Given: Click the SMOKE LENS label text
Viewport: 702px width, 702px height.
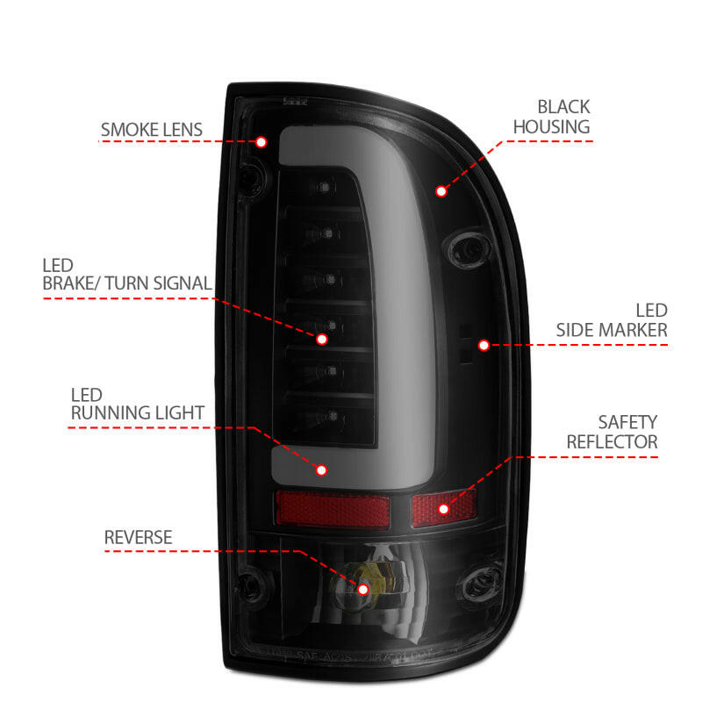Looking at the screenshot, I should click(x=151, y=131).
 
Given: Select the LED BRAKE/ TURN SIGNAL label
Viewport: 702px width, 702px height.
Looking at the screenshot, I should click(x=126, y=274).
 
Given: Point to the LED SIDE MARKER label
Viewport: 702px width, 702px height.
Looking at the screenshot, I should click(x=612, y=320).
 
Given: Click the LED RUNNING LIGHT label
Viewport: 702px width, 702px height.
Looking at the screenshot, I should click(x=138, y=403).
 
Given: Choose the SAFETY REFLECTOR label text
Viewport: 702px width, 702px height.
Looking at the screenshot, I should click(x=612, y=432).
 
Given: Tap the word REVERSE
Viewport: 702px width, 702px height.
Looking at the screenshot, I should click(x=138, y=536).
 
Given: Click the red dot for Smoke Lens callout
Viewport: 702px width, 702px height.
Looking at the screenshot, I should click(x=261, y=141).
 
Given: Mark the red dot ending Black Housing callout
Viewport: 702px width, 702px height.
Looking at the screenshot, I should click(x=441, y=190).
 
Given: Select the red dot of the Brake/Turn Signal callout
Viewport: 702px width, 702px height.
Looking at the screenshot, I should click(x=322, y=338).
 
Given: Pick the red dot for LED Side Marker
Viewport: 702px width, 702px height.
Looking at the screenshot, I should click(x=484, y=345).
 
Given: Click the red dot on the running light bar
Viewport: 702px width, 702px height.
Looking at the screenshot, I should click(x=321, y=470).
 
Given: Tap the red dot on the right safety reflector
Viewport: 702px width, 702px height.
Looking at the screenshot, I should click(x=443, y=508).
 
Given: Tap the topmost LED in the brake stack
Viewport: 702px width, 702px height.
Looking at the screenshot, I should click(x=326, y=188).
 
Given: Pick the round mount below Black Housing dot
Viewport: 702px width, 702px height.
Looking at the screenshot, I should click(x=466, y=249).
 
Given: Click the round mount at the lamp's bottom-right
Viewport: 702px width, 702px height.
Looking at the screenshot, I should click(x=482, y=582).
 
